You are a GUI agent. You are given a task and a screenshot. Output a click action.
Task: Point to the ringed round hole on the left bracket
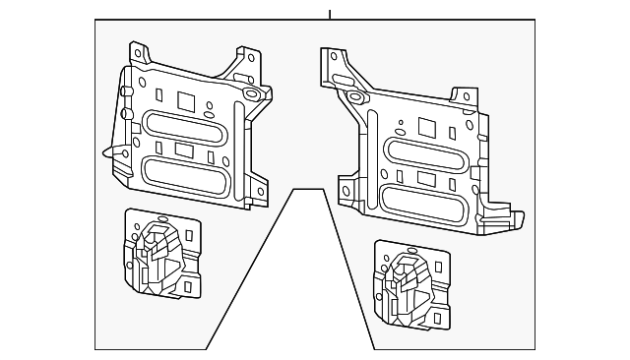click(x=250, y=94)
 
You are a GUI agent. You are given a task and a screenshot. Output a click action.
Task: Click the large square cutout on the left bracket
click(x=185, y=99)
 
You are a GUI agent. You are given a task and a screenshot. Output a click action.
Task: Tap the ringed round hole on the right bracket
click(x=352, y=96)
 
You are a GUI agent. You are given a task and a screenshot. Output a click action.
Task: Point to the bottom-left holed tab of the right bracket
click(x=346, y=191)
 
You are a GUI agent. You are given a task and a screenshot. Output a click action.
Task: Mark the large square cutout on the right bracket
click(x=427, y=127)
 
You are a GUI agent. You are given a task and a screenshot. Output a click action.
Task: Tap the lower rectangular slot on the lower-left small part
click(x=186, y=286)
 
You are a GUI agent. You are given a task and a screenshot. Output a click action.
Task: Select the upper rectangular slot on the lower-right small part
click(x=434, y=264)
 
